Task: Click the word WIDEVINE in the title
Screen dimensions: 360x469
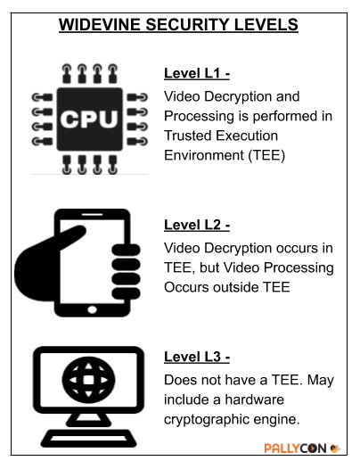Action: pos(100,25)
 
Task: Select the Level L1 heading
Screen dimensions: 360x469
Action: pos(197,73)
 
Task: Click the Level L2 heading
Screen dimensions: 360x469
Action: pos(197,225)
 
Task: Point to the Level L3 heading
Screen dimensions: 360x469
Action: pos(197,357)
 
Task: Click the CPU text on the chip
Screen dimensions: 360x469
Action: pos(89,119)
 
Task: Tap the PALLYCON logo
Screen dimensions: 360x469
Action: pos(302,448)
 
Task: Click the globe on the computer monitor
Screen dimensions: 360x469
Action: pos(88,380)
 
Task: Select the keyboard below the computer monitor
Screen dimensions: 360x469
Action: pos(88,438)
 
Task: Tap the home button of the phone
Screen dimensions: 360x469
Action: pos(92,309)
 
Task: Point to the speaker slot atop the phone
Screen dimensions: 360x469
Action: pos(92,214)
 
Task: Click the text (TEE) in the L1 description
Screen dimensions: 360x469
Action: pos(266,155)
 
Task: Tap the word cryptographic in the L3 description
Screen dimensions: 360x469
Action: pos(207,419)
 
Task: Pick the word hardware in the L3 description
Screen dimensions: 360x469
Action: pos(254,399)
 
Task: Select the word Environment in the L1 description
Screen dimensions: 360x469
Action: pos(204,155)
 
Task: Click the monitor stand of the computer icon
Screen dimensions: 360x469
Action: pos(88,420)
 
